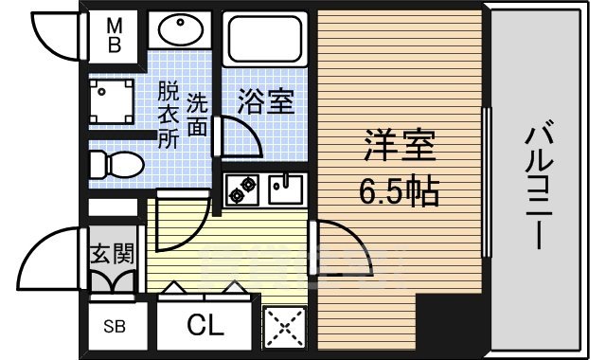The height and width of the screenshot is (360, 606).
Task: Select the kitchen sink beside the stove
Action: click(x=284, y=189)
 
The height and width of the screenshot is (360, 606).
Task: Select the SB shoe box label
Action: click(x=113, y=327)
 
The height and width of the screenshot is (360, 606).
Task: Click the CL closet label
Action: click(x=205, y=327)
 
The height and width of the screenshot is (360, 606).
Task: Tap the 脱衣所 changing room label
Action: click(x=168, y=116)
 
